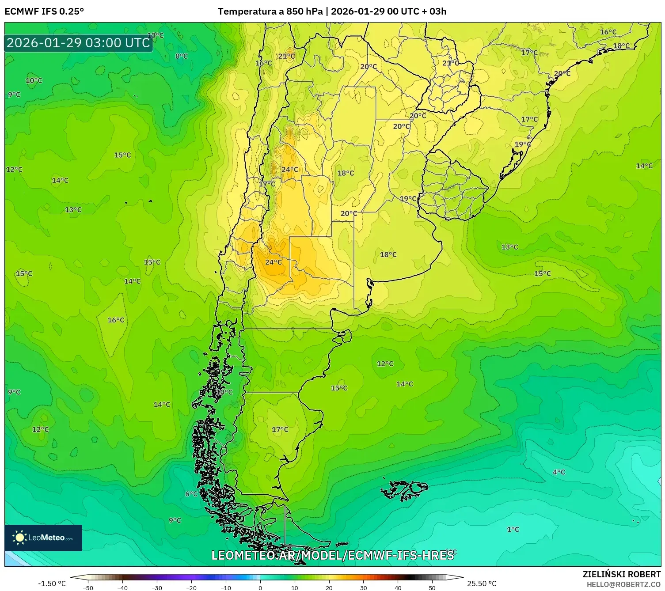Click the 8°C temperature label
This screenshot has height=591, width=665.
pos(181,56)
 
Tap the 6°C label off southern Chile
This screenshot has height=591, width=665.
pos(191,494)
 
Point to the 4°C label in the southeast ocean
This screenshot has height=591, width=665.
pos(559,472)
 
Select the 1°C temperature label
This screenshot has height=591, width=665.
pos(513,529)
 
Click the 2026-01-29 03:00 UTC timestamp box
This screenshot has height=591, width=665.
pos(78,43)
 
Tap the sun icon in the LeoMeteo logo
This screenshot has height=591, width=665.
pos(19,538)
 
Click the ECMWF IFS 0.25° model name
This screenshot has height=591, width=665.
pos(44,11)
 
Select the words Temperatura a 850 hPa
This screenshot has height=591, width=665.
pos(270,11)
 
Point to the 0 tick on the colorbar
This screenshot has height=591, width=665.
pos(260,587)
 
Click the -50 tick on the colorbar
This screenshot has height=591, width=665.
pos(88,587)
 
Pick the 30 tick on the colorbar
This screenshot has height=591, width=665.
pos(363,587)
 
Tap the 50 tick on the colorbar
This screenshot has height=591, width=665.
pos(432,587)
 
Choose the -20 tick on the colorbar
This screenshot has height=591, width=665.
pos(191,587)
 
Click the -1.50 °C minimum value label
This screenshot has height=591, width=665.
pos(52,583)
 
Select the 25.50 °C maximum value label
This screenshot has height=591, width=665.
pos(482,583)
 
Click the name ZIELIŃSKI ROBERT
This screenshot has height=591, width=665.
pos(621,574)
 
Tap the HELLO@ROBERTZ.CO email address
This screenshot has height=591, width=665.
pos(623,584)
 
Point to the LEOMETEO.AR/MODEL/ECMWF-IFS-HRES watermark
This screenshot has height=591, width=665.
pos(332,555)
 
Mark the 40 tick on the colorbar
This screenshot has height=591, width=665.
pos(398,587)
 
